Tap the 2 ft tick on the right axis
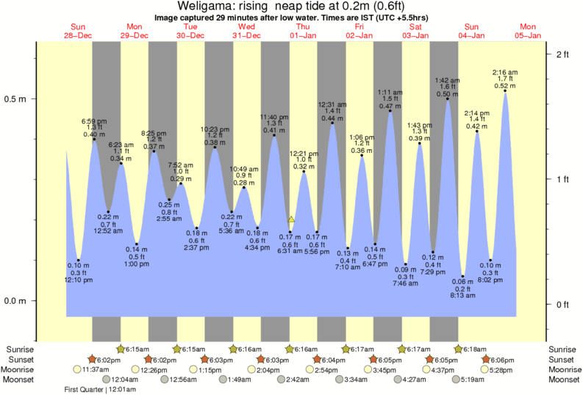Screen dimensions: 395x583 click(563, 55)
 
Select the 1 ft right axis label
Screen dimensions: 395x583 click(563, 179)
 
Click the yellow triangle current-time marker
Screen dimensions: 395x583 click(291, 219)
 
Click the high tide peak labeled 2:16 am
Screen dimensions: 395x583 click(505, 92)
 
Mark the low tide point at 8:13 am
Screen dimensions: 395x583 click(463, 276)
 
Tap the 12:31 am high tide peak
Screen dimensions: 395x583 click(332, 123)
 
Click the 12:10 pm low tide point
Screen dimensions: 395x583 click(79, 260)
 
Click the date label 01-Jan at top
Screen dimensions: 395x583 click(303, 35)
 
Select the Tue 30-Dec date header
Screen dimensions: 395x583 click(190, 31)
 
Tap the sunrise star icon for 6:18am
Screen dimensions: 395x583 click(458, 349)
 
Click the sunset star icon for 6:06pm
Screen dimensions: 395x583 click(486, 359)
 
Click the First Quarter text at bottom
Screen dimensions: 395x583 click(83, 390)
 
